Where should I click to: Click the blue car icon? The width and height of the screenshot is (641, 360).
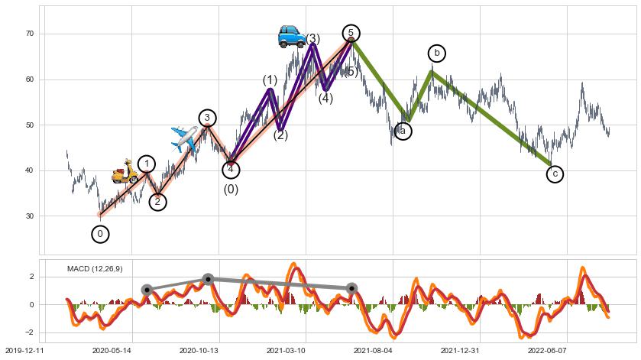(292, 36)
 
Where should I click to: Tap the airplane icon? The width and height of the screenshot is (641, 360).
(184, 138)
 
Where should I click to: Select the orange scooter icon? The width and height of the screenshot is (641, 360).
(125, 172)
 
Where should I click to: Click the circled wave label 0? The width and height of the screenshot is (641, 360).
(100, 234)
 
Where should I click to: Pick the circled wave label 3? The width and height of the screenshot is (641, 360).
(207, 117)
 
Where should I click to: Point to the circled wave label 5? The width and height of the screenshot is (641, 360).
(351, 33)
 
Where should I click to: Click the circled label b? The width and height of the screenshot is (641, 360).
(436, 53)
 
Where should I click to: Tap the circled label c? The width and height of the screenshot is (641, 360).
(555, 174)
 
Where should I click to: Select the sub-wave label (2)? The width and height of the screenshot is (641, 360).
(280, 135)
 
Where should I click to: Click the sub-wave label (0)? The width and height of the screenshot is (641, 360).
(231, 190)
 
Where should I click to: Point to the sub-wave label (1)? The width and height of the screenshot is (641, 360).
(270, 80)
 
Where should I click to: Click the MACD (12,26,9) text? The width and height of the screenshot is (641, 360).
(95, 269)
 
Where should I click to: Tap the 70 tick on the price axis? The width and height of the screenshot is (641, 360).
(30, 34)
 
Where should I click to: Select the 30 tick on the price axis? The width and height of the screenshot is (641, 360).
(30, 216)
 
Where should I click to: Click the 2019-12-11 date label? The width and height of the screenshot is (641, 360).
(24, 349)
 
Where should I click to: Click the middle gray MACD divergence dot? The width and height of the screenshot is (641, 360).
(208, 279)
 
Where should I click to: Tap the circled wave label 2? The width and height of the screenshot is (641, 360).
(157, 202)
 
